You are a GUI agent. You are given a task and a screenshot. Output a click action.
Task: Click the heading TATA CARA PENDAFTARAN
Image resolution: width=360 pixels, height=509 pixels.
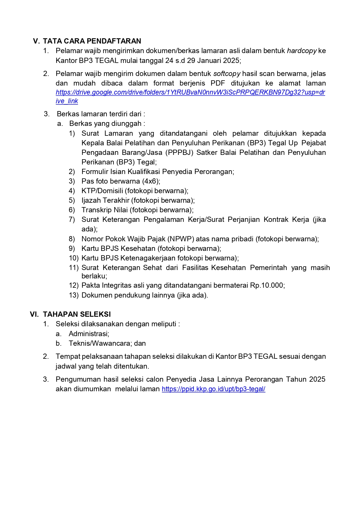[92, 41]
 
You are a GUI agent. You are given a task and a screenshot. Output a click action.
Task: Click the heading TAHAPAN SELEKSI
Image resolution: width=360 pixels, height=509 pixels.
[77, 314]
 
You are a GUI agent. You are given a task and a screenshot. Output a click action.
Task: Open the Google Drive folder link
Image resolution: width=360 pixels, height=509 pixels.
[190, 93]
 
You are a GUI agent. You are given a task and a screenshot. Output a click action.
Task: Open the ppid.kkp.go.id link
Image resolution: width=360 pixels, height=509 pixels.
[214, 389]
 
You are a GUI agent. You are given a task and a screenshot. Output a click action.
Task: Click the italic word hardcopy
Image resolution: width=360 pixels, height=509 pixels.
[302, 51]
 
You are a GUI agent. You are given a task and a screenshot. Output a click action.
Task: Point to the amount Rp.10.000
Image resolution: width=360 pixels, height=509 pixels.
[267, 285]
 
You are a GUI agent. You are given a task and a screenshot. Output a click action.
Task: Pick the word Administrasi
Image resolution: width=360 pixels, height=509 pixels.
[89, 334]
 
